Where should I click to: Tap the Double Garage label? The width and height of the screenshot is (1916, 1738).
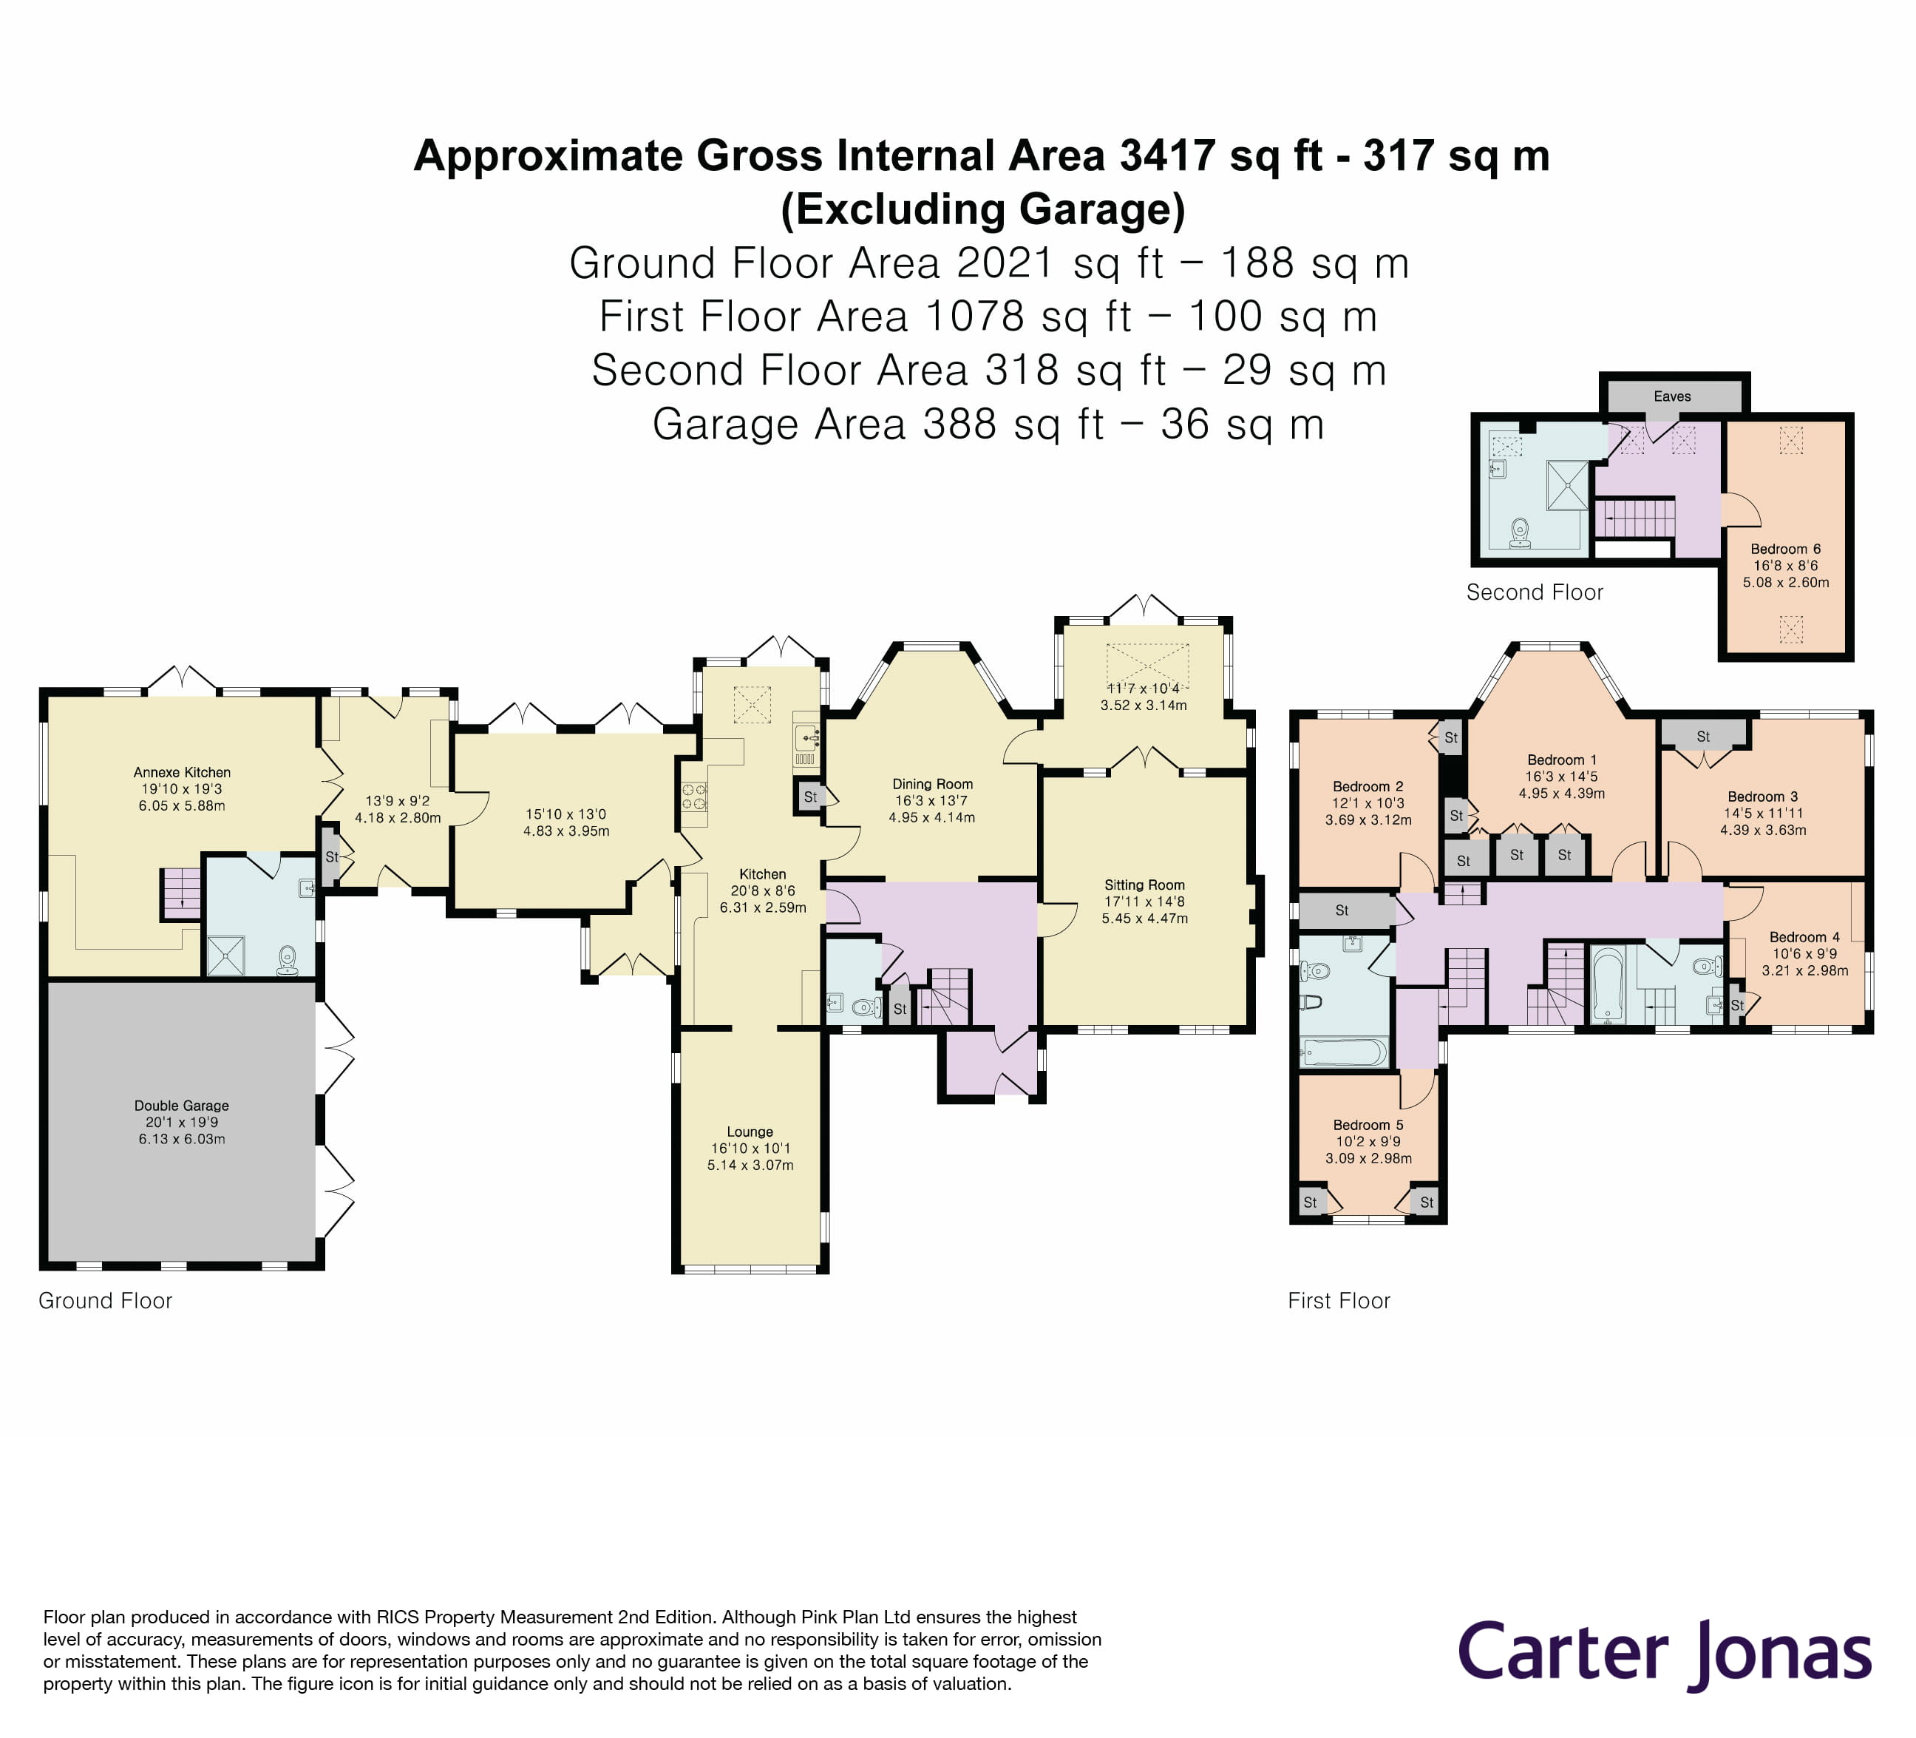182,1106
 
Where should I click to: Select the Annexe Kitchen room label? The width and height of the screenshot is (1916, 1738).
182,772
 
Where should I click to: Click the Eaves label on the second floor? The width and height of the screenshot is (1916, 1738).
1672,396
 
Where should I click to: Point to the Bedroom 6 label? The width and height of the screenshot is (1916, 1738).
1786,549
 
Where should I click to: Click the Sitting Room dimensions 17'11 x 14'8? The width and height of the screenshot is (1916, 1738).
1144,902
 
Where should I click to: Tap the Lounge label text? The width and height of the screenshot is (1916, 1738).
750,1132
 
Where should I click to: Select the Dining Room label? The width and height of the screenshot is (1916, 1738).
931,783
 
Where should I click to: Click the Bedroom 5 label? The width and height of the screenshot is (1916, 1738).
1368,1125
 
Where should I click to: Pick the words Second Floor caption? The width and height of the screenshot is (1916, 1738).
1534,592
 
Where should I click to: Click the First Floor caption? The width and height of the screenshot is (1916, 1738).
1338,1301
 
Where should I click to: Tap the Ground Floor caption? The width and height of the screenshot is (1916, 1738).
104,1301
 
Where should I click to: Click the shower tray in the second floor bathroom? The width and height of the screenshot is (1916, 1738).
1566,485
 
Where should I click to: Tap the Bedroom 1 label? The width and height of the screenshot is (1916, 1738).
1561,760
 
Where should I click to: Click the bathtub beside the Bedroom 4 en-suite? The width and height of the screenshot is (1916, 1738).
1607,984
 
